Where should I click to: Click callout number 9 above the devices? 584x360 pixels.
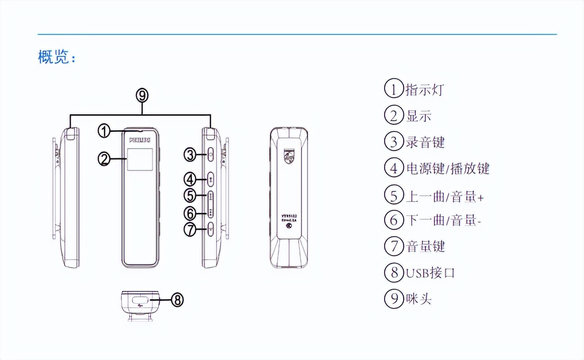[142, 95]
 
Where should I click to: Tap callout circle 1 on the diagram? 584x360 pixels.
[104, 132]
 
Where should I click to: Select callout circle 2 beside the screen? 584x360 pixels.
[104, 159]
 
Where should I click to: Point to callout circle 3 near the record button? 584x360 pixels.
[190, 155]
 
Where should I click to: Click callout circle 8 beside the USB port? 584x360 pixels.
[178, 299]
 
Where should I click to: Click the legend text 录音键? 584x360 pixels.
[425, 142]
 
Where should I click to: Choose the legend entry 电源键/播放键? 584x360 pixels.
[447, 169]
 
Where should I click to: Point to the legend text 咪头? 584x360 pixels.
[418, 299]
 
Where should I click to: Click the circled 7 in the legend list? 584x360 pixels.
[394, 246]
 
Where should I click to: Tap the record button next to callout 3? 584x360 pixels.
[211, 155]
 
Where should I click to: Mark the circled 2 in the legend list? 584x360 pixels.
[394, 116]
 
